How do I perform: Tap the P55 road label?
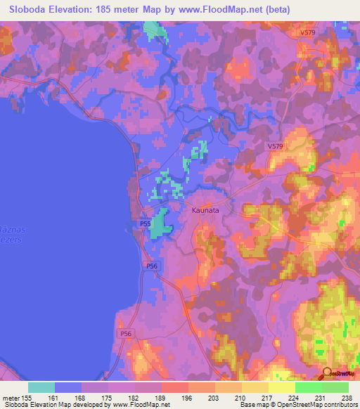click(143, 223)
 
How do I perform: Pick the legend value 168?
click(82, 397)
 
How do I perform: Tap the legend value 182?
click(135, 397)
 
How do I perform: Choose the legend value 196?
click(188, 397)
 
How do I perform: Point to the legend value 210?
click(242, 397)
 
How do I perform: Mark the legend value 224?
click(295, 397)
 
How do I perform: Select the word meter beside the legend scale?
click(10, 397)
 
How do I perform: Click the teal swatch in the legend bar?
click(41, 387)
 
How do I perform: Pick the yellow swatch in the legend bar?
click(281, 387)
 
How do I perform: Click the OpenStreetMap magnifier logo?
click(326, 373)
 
